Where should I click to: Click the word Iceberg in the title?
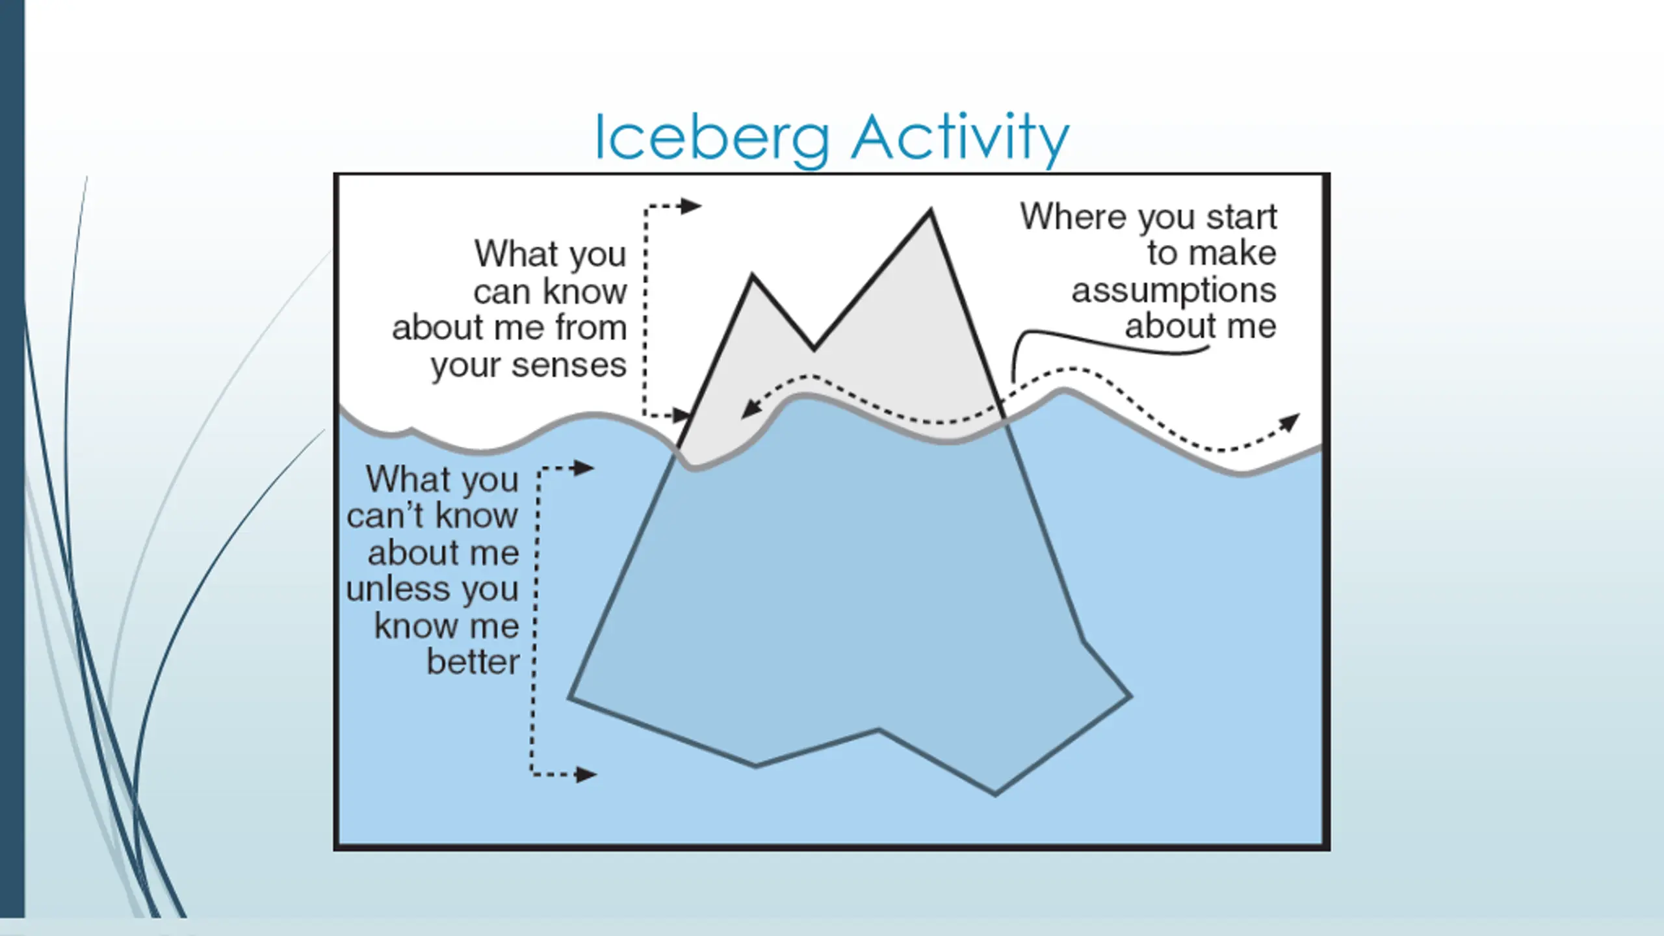pyautogui.click(x=712, y=138)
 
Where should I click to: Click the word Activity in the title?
pyautogui.click(x=960, y=138)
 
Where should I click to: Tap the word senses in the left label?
pyautogui.click(x=569, y=366)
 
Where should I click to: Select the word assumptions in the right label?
pyautogui.click(x=1174, y=291)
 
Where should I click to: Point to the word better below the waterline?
pyautogui.click(x=473, y=662)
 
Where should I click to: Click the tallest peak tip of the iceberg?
pyautogui.click(x=930, y=210)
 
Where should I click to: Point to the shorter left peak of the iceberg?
pyautogui.click(x=753, y=276)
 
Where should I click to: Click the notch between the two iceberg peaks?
pyautogui.click(x=814, y=349)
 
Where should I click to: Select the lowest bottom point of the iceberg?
pyautogui.click(x=995, y=794)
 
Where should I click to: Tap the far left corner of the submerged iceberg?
pyautogui.click(x=569, y=698)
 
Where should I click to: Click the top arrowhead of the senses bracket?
pyautogui.click(x=690, y=206)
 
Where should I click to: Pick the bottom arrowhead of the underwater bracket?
pyautogui.click(x=586, y=774)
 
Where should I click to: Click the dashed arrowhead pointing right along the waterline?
pyautogui.click(x=1290, y=422)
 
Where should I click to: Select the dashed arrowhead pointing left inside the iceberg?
pyautogui.click(x=750, y=409)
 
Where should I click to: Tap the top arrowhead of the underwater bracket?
pyautogui.click(x=583, y=467)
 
